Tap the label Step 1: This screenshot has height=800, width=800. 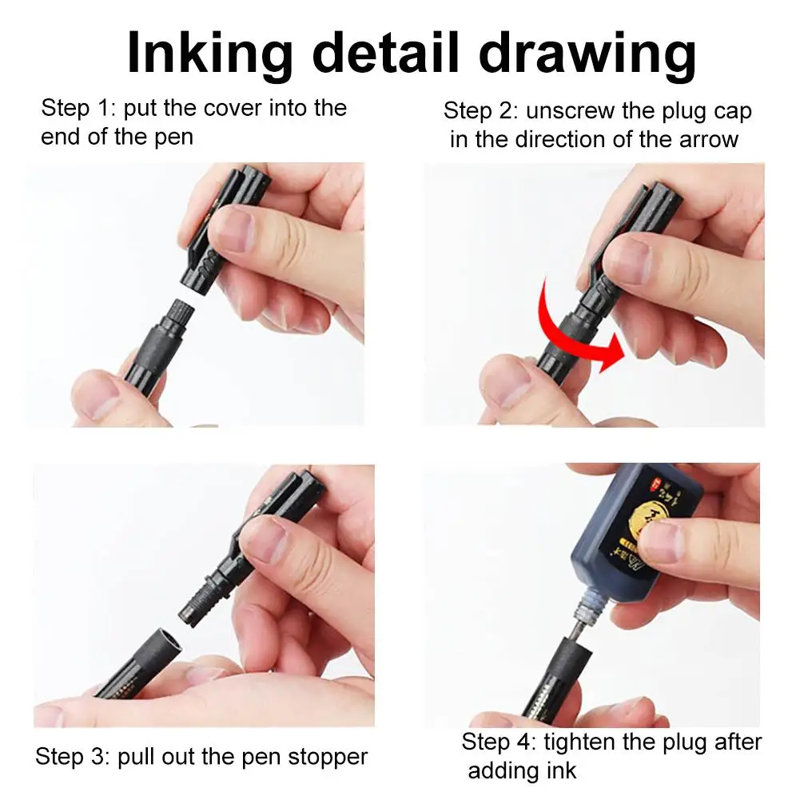[x=78, y=108]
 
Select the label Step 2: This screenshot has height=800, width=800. [x=480, y=110]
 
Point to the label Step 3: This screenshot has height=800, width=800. [x=73, y=756]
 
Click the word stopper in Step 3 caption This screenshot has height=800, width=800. [x=328, y=756]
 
